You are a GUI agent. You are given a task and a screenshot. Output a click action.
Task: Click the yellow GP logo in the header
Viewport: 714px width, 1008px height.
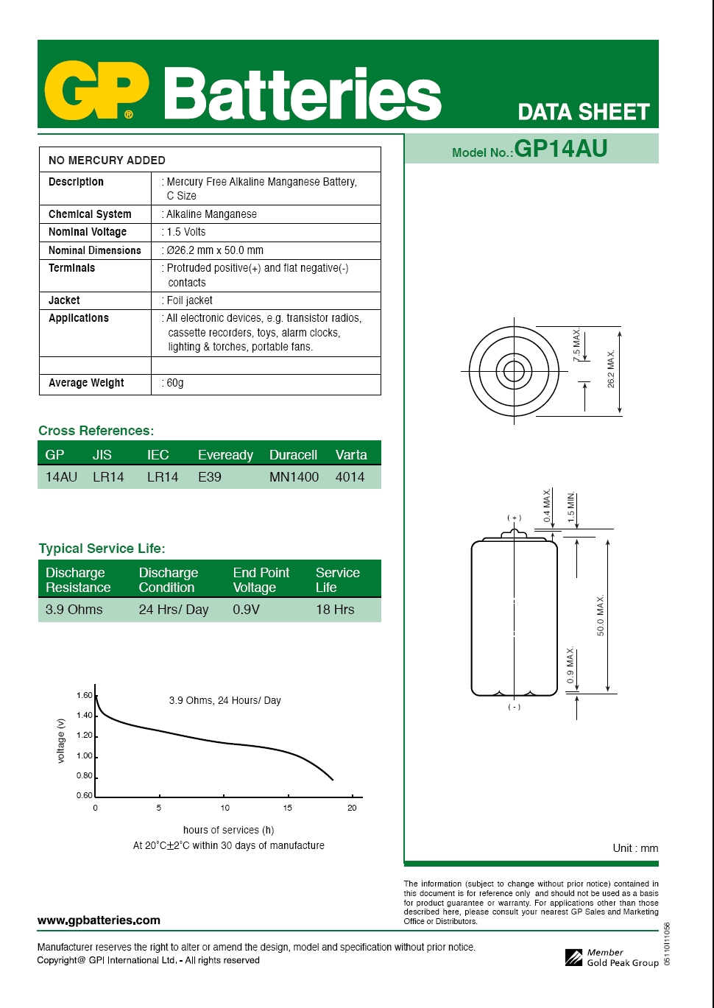(96, 92)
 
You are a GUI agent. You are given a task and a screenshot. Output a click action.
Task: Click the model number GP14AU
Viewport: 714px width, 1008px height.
(560, 149)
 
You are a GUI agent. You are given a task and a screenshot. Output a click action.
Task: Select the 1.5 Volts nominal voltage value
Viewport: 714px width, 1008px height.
(185, 232)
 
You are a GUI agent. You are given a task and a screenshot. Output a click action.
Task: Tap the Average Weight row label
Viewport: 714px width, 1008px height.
(86, 383)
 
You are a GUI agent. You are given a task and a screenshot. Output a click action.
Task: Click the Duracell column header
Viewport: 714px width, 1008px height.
(293, 455)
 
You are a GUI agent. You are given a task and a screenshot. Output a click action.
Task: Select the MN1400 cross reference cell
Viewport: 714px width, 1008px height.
(294, 477)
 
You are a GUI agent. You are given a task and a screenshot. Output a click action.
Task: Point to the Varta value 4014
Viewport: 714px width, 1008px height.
(350, 477)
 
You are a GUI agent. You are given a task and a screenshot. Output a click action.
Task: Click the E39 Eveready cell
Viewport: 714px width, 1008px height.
(210, 477)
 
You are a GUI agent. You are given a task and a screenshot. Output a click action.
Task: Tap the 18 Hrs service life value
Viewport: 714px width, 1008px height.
(335, 610)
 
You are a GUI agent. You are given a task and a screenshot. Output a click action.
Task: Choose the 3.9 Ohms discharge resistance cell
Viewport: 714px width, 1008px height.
(74, 610)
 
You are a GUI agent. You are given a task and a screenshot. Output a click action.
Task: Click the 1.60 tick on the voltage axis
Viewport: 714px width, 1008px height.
(85, 696)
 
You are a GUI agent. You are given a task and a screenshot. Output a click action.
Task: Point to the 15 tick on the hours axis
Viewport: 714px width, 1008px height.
(288, 808)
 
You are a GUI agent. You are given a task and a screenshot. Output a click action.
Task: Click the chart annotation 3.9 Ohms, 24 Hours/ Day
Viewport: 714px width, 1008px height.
(225, 700)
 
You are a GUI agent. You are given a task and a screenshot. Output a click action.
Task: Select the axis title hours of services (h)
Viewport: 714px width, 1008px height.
(228, 830)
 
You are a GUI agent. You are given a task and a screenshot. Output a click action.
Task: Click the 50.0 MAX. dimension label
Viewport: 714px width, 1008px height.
(601, 616)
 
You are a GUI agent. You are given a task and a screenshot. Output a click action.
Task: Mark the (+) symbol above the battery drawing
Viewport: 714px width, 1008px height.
(514, 518)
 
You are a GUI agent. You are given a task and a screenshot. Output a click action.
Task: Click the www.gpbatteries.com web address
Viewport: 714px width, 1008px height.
(99, 920)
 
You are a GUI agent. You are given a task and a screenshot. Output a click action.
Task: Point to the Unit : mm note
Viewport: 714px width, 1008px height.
(635, 848)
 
